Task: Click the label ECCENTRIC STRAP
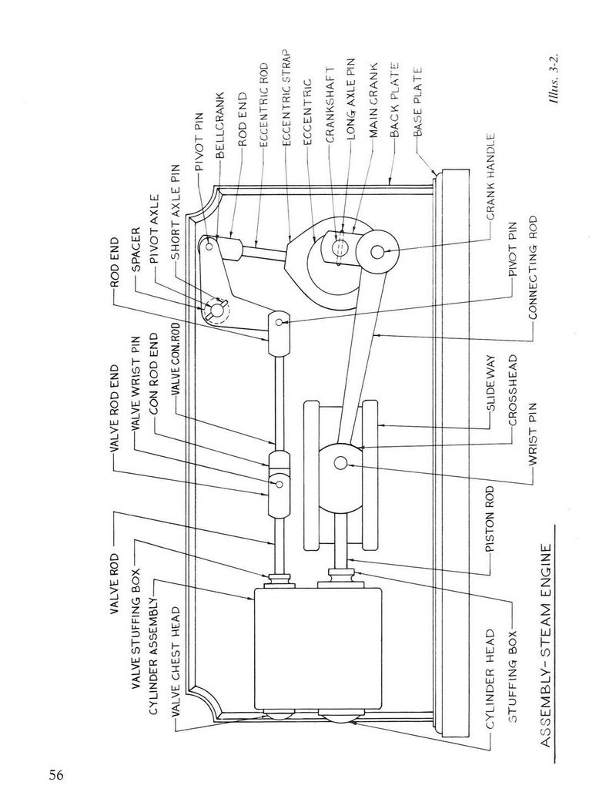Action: click(287, 98)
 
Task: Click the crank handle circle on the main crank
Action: click(377, 251)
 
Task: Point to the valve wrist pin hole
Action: click(279, 483)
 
